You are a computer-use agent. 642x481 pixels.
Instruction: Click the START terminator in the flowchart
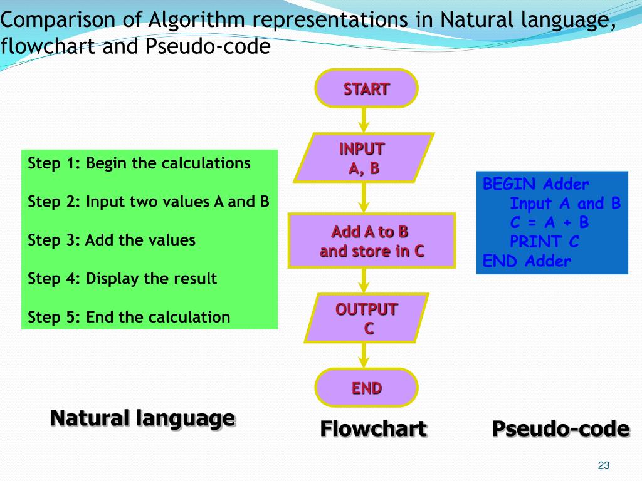pos(366,88)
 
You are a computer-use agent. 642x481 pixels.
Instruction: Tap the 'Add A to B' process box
pos(371,241)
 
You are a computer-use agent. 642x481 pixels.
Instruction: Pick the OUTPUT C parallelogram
pos(367,318)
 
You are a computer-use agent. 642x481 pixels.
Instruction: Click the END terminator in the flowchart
pos(366,388)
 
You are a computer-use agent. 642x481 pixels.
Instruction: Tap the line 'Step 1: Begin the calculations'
pos(139,163)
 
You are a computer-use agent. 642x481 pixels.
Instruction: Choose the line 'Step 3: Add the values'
pos(112,240)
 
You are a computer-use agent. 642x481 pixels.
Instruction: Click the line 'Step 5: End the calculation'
pos(129,317)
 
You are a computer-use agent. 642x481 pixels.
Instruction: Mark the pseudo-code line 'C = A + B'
pos(549,222)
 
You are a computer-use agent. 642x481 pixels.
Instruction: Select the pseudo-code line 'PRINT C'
pos(544,242)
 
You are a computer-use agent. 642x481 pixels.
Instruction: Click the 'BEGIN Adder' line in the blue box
pos(536,184)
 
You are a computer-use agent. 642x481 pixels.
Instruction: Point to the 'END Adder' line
pos(527,261)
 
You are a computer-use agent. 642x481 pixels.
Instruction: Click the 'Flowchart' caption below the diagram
pos(373,429)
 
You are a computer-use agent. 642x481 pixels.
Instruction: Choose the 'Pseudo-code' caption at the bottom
pos(560,429)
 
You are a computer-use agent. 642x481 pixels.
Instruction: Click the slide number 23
pos(604,465)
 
